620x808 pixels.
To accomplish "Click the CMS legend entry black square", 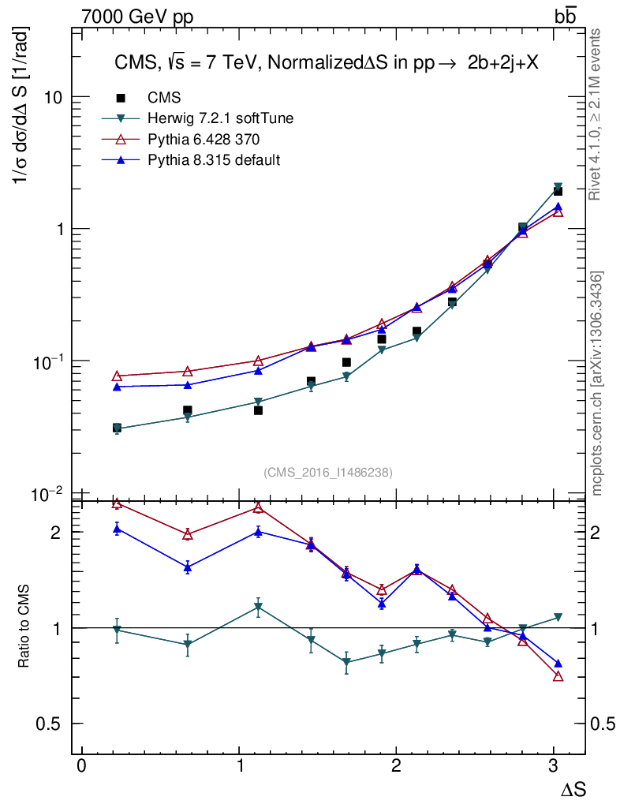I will (121, 98).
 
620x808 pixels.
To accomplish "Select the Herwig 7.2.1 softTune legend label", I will (221, 118).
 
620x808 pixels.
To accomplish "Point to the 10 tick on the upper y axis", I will (53, 97).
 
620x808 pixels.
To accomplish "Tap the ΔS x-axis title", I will (573, 788).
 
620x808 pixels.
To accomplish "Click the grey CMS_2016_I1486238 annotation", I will (328, 472).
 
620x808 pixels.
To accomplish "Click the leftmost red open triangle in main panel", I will (117, 376).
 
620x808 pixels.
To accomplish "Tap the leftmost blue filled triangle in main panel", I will (117, 387).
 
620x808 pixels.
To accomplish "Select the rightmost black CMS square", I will (558, 191).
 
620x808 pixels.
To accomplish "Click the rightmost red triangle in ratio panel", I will (558, 676).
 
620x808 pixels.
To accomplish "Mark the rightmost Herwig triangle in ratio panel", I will (558, 617).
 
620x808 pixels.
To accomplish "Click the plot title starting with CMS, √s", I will (323, 65).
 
